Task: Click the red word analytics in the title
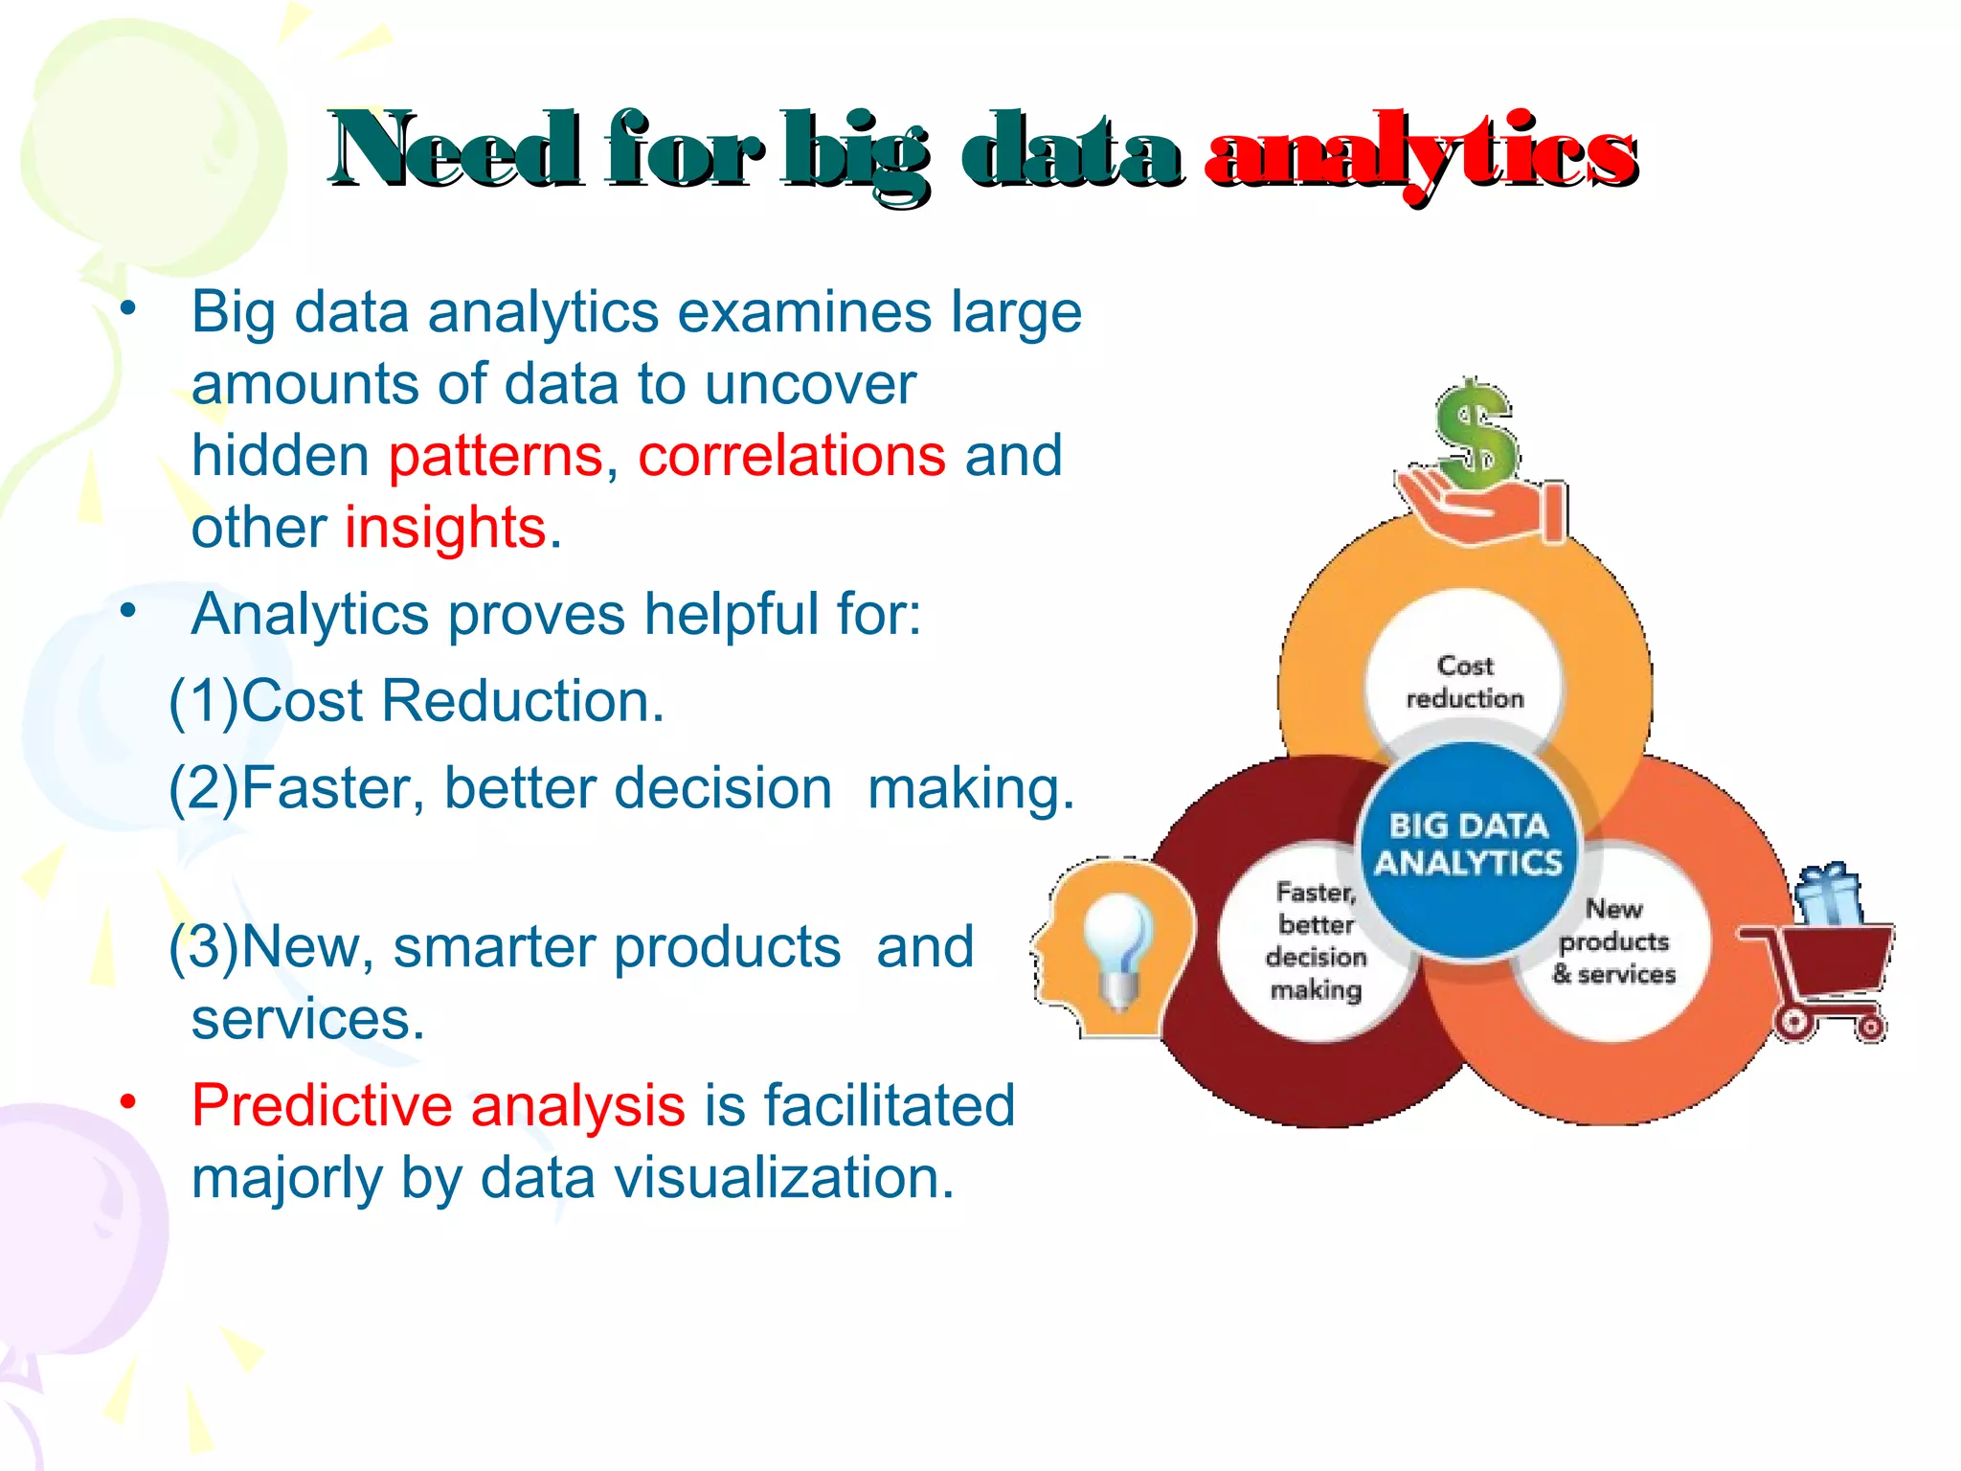(1421, 153)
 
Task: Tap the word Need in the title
(455, 150)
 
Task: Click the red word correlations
(792, 455)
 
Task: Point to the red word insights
(445, 528)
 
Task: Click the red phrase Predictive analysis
(438, 1105)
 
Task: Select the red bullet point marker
(128, 1101)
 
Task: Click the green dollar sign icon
(1476, 436)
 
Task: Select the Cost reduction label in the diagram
(1465, 682)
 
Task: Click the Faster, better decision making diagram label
(1317, 940)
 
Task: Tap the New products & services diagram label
(1614, 940)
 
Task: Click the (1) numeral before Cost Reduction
(204, 701)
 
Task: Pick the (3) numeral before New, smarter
(204, 947)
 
